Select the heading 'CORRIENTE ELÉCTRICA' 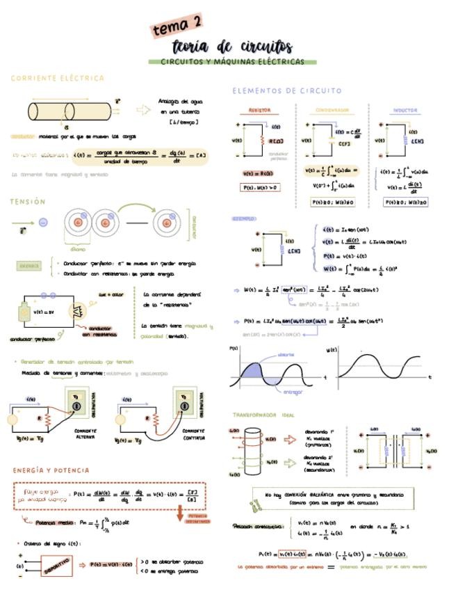(x=58, y=78)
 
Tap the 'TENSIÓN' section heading (x=28, y=201)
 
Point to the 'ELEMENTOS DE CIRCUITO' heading (x=286, y=90)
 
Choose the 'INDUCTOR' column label (x=405, y=110)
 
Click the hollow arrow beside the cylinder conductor (x=143, y=109)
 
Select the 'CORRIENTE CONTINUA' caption (x=190, y=434)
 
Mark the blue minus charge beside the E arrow (x=42, y=223)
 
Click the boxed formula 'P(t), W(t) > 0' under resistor (x=261, y=187)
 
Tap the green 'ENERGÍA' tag (x=29, y=265)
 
